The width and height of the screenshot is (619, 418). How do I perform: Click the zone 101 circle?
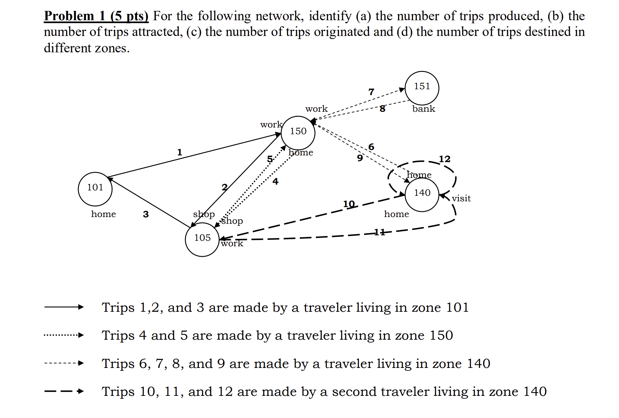click(x=95, y=189)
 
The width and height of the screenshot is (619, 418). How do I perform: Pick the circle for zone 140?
click(x=422, y=195)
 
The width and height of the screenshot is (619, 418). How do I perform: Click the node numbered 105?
click(x=202, y=239)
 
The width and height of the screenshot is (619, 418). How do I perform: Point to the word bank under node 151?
click(x=424, y=109)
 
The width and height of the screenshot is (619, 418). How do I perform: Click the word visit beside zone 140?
click(x=461, y=198)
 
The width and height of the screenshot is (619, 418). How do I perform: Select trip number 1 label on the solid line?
click(x=180, y=152)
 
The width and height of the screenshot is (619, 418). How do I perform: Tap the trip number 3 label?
click(x=146, y=214)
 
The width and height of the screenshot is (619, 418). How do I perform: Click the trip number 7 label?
click(x=371, y=92)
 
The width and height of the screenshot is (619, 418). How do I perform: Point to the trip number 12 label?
click(x=444, y=159)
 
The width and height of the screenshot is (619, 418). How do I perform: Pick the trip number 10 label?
click(x=349, y=204)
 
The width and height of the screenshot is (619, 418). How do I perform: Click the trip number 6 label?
click(x=371, y=147)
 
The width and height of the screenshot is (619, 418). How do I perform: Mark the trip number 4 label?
click(x=275, y=181)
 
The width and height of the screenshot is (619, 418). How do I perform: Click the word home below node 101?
click(x=103, y=214)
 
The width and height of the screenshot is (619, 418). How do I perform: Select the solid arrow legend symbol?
click(x=64, y=307)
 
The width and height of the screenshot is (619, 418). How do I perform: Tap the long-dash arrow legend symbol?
click(x=64, y=391)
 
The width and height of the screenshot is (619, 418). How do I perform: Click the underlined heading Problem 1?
click(x=96, y=16)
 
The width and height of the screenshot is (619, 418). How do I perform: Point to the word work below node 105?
click(x=232, y=243)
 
